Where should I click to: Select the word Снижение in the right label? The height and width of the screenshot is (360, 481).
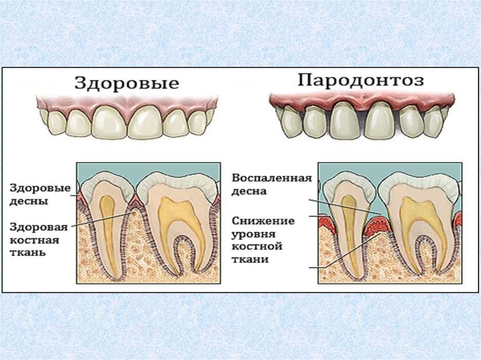(x=264, y=220)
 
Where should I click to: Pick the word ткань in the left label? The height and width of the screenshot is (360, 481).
(x=28, y=253)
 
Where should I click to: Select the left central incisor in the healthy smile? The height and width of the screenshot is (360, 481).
(x=109, y=121)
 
